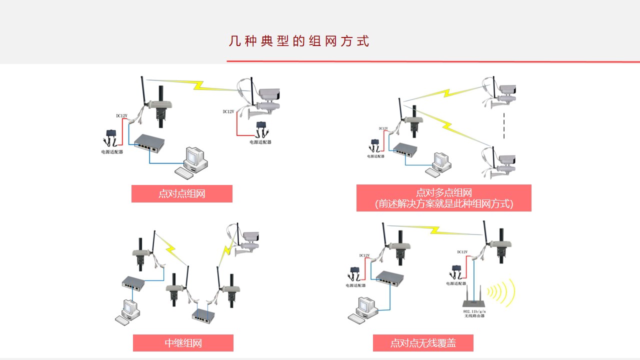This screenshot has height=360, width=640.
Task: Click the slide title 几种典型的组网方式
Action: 299,41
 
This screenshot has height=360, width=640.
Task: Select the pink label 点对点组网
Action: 182,194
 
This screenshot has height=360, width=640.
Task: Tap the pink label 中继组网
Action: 183,343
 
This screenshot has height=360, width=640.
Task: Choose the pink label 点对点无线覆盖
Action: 423,343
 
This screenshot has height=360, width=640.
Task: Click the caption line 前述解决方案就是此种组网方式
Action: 444,204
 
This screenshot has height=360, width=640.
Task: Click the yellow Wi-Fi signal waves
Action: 502,292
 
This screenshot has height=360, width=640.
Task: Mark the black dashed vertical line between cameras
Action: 504,125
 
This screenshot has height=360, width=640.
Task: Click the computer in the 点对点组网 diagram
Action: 193,162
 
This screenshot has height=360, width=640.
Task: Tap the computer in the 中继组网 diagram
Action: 127,311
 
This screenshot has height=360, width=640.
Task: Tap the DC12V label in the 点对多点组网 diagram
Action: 383,128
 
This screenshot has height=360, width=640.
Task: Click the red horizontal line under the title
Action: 433,61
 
